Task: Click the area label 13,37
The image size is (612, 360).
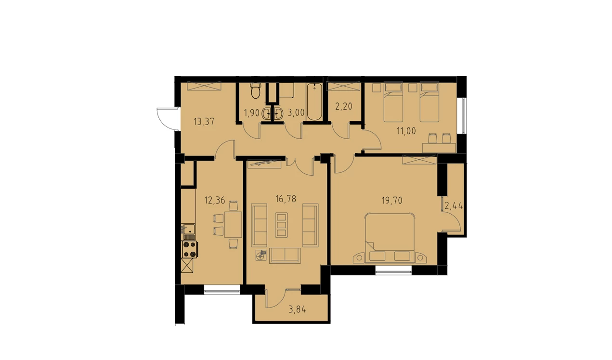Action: (x=204, y=122)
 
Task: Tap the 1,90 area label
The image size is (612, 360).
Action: (x=251, y=113)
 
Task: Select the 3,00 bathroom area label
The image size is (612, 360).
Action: (x=296, y=112)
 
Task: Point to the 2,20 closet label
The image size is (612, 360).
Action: (x=344, y=106)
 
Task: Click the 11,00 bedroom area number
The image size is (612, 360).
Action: (x=406, y=131)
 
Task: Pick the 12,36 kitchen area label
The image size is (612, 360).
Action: (x=215, y=200)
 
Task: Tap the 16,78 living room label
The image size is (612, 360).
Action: (x=286, y=199)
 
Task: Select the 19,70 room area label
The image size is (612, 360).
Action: (x=392, y=201)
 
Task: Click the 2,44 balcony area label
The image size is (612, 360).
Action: (x=454, y=206)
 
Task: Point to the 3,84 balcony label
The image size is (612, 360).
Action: (x=297, y=309)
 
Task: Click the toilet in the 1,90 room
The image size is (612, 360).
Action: (x=256, y=90)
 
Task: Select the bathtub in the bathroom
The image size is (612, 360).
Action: (x=314, y=102)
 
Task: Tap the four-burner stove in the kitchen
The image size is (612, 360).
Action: (x=189, y=249)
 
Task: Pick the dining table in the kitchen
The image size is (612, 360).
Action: (x=233, y=225)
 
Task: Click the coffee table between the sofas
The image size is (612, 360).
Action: (x=281, y=225)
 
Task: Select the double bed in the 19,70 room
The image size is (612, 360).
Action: (x=390, y=238)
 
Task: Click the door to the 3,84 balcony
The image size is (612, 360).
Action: (x=275, y=298)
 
